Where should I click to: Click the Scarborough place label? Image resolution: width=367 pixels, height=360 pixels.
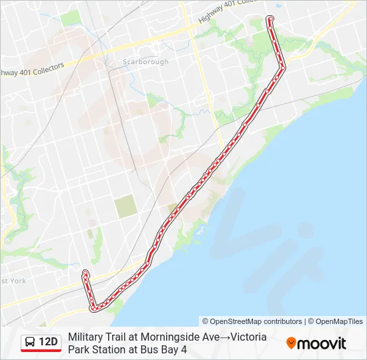(x=145, y=62)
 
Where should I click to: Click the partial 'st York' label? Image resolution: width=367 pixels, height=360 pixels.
(x=13, y=281)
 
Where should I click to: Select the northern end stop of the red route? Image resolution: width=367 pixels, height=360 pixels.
(x=270, y=18)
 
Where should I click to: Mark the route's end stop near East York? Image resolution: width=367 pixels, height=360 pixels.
(x=85, y=272)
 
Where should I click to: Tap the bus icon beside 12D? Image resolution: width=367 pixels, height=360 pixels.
(x=30, y=343)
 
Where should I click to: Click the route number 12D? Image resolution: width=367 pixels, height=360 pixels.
(x=49, y=343)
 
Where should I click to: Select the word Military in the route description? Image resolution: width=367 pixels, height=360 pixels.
(x=85, y=337)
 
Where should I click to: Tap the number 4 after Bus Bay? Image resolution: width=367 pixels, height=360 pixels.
(x=183, y=349)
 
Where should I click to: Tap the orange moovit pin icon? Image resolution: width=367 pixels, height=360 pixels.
(x=291, y=343)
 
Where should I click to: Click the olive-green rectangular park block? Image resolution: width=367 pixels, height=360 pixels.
(x=125, y=207)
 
